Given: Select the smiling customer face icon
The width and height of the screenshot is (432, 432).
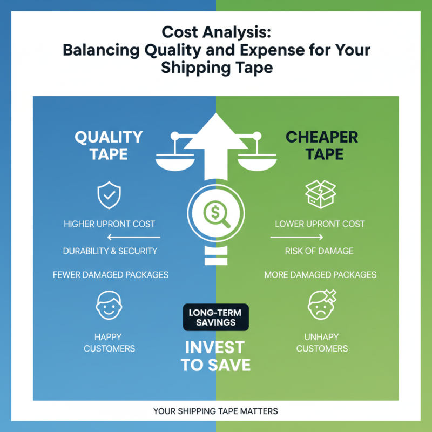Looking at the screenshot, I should pyautogui.click(x=109, y=306).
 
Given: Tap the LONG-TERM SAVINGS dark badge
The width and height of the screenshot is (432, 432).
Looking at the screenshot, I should pyautogui.click(x=216, y=317).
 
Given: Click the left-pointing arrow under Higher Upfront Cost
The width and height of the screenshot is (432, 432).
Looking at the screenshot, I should pyautogui.click(x=134, y=237).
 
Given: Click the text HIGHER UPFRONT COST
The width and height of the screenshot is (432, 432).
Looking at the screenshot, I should pyautogui.click(x=109, y=224).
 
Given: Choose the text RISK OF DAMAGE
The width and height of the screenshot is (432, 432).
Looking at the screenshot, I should pyautogui.click(x=320, y=251).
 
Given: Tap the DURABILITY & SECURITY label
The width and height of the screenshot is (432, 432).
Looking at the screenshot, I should pyautogui.click(x=110, y=251).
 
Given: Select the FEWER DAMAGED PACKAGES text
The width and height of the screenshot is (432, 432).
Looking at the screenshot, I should pyautogui.click(x=111, y=275).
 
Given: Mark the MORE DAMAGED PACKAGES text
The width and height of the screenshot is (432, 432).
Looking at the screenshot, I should pyautogui.click(x=320, y=275).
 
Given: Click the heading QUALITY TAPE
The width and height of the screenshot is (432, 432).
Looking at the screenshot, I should pyautogui.click(x=109, y=145).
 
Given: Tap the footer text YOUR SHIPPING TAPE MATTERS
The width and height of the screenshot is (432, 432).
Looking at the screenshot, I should pyautogui.click(x=215, y=411).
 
